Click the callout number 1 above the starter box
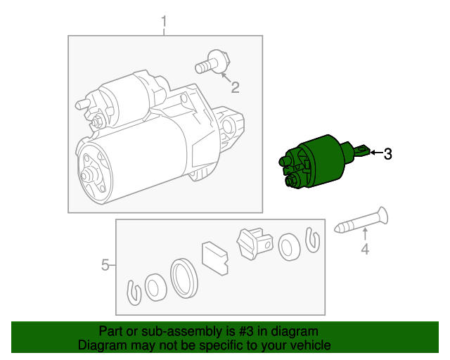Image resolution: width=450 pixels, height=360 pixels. [x=164, y=22]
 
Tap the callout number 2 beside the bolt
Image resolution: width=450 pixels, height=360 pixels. [x=235, y=87]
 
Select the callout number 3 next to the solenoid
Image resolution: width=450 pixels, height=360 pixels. [x=387, y=154]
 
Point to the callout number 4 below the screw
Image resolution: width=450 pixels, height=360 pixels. [x=365, y=249]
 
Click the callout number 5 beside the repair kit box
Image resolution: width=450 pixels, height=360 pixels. [x=105, y=264]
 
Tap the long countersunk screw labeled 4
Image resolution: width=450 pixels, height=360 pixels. [x=361, y=220]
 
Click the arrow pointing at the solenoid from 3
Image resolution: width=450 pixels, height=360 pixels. [x=376, y=153]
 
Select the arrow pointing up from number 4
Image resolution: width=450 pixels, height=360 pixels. [x=365, y=233]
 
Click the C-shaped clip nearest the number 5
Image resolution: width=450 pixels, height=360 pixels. [x=134, y=292]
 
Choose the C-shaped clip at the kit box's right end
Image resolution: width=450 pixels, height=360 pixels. [x=312, y=240]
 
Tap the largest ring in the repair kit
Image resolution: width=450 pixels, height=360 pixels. [x=184, y=278]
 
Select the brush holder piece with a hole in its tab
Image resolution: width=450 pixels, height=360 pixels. [x=255, y=243]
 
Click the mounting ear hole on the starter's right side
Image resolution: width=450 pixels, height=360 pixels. [x=228, y=126]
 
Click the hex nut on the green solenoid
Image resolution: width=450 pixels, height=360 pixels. [x=290, y=181]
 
